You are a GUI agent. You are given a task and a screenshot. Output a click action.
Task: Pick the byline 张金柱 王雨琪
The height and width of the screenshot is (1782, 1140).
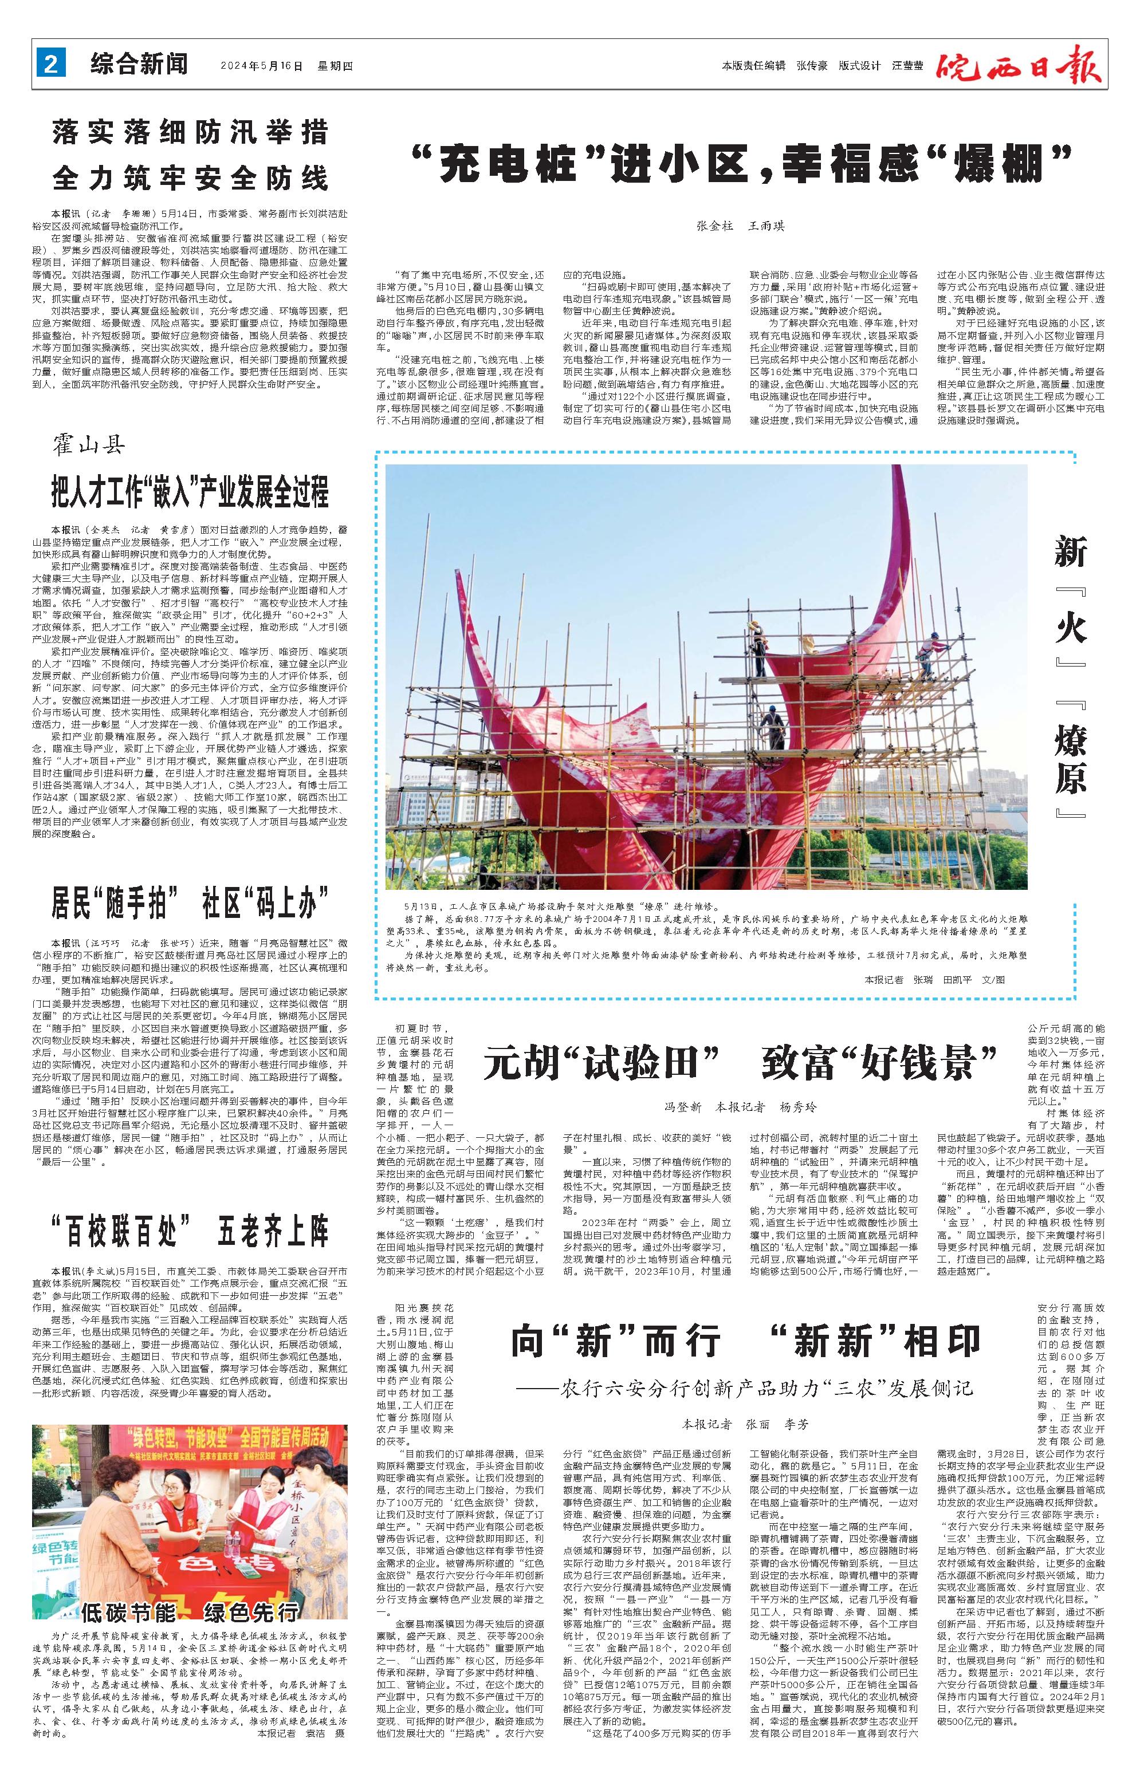(740, 226)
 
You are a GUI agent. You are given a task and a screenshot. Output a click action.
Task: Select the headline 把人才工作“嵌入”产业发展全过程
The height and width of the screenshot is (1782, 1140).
(190, 491)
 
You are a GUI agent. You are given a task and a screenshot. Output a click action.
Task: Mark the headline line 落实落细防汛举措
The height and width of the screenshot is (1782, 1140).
(190, 133)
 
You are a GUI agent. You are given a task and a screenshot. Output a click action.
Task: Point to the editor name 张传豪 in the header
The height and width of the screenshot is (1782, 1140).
(812, 66)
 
